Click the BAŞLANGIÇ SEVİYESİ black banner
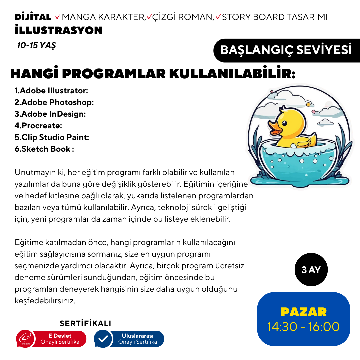click(x=286, y=50)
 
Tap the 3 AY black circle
click(x=311, y=270)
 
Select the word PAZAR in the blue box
click(x=304, y=312)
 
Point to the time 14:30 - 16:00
click(x=304, y=327)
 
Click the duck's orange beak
click(x=275, y=128)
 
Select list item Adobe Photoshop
click(x=54, y=102)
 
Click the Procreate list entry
click(x=38, y=126)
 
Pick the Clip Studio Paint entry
click(x=52, y=137)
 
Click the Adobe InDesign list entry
click(x=50, y=114)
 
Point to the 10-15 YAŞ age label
click(x=37, y=45)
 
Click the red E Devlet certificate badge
click(x=52, y=339)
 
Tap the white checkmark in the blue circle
click(x=104, y=339)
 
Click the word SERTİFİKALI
click(x=85, y=323)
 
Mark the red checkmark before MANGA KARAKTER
click(x=58, y=17)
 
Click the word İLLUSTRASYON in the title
click(x=59, y=30)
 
